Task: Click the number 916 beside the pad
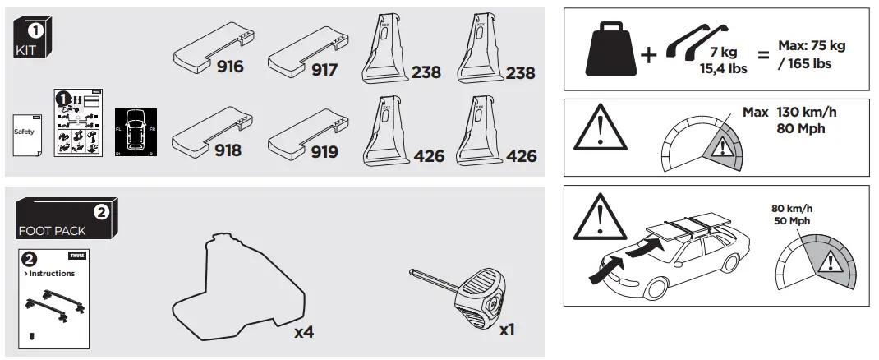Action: (230, 67)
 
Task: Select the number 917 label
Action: (324, 70)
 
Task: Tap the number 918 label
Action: (230, 150)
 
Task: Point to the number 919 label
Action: (324, 151)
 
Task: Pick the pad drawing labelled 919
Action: (304, 132)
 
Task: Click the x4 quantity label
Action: (304, 332)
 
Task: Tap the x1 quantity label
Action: (507, 329)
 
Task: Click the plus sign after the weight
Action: (649, 56)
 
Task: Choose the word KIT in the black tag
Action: (27, 51)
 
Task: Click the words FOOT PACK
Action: (51, 232)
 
